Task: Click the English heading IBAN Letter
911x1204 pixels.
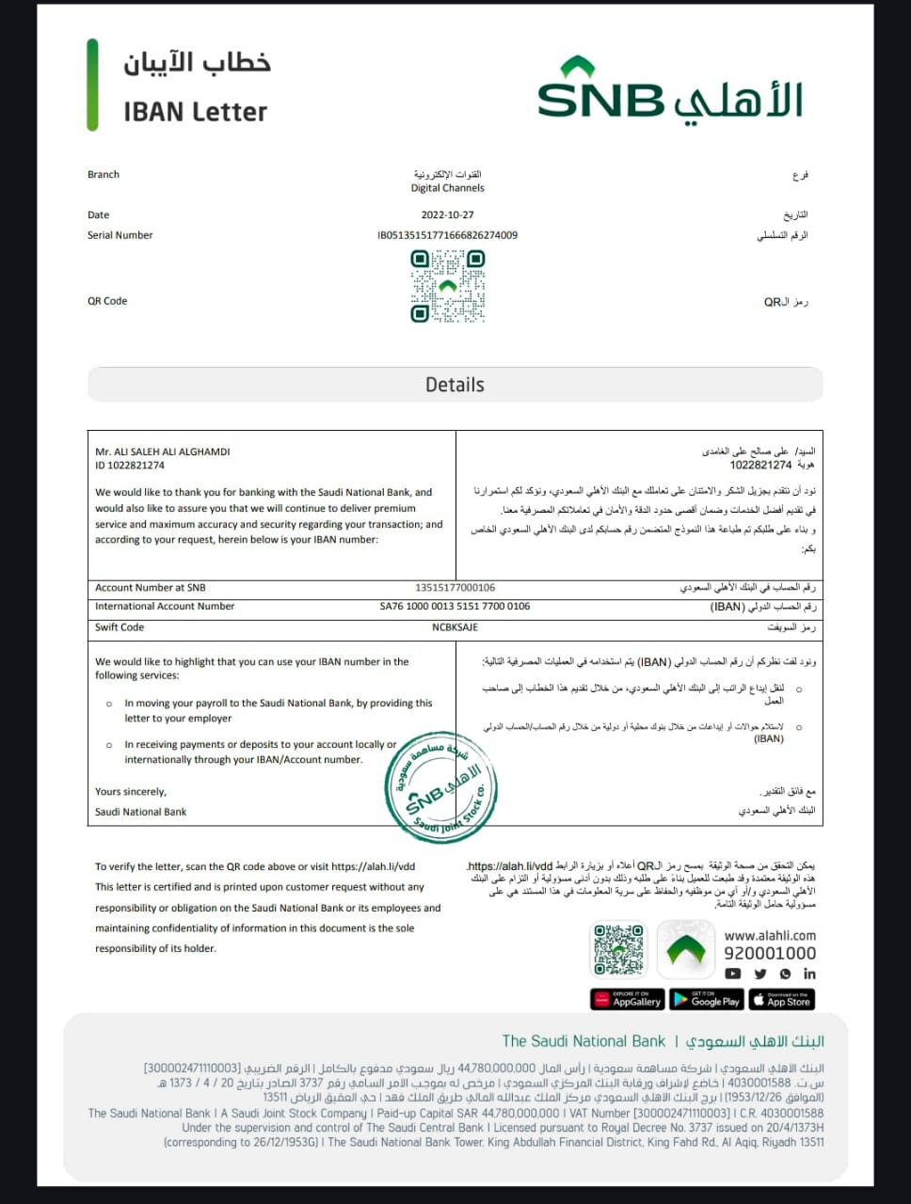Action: point(196,112)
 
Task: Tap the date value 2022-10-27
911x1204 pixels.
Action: point(447,215)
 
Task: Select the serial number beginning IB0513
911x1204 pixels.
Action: point(447,235)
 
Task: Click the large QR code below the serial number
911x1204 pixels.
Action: point(448,286)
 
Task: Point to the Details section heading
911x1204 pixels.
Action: point(455,385)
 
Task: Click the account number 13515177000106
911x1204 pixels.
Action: point(455,588)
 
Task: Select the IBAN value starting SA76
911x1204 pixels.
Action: point(455,607)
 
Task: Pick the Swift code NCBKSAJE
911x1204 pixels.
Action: point(455,627)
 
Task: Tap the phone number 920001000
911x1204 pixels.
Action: point(770,954)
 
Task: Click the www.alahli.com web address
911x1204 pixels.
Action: point(770,936)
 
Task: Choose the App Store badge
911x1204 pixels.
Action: point(782,1000)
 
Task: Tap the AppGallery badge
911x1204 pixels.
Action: point(628,1000)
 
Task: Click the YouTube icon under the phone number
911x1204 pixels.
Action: point(733,974)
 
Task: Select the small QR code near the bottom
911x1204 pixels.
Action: point(618,950)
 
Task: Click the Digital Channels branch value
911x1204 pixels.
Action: point(447,188)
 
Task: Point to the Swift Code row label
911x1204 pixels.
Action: point(120,627)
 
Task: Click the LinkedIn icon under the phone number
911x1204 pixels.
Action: point(809,974)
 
